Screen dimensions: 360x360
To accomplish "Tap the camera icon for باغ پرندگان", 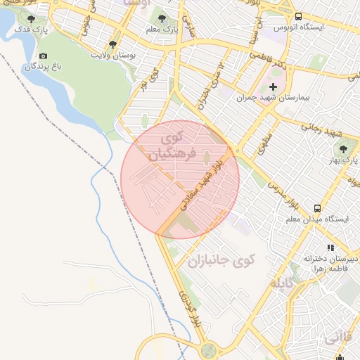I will [x=44, y=56].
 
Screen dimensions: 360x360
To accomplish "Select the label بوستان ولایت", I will [x=114, y=53].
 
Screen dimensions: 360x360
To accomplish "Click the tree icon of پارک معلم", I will [x=162, y=18].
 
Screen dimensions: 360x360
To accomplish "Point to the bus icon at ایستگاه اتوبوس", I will [x=299, y=16].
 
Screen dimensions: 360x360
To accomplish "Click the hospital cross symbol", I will [x=274, y=86].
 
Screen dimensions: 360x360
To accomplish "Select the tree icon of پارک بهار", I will [x=343, y=149].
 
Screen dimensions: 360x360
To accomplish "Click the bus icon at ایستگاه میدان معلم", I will [x=318, y=208].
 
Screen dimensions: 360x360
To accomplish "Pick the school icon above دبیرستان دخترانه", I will [x=330, y=247].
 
